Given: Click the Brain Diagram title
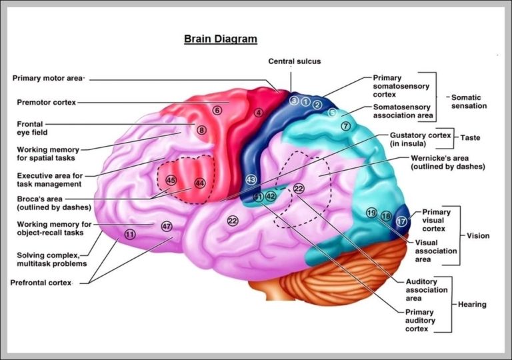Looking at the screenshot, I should pyautogui.click(x=220, y=39).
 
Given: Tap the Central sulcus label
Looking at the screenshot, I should pyautogui.click(x=294, y=61).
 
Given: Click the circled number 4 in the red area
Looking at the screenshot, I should pyautogui.click(x=258, y=112).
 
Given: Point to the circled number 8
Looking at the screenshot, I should pyautogui.click(x=201, y=131).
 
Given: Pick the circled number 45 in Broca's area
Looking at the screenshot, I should pyautogui.click(x=171, y=181).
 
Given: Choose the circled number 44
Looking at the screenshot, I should pyautogui.click(x=199, y=182).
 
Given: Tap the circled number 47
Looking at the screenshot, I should pyautogui.click(x=167, y=227).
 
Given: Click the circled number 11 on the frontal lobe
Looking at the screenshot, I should pyautogui.click(x=129, y=234).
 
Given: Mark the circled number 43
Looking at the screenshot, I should pyautogui.click(x=251, y=180).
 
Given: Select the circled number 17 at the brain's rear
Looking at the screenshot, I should pyautogui.click(x=401, y=221).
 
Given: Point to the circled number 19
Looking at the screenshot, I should pyautogui.click(x=371, y=213).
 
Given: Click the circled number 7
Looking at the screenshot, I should pyautogui.click(x=345, y=125).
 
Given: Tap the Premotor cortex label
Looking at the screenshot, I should pyautogui.click(x=46, y=102).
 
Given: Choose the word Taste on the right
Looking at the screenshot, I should pyautogui.click(x=469, y=137).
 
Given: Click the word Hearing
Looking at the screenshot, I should pyautogui.click(x=471, y=305).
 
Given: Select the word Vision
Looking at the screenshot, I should pyautogui.click(x=477, y=235).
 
